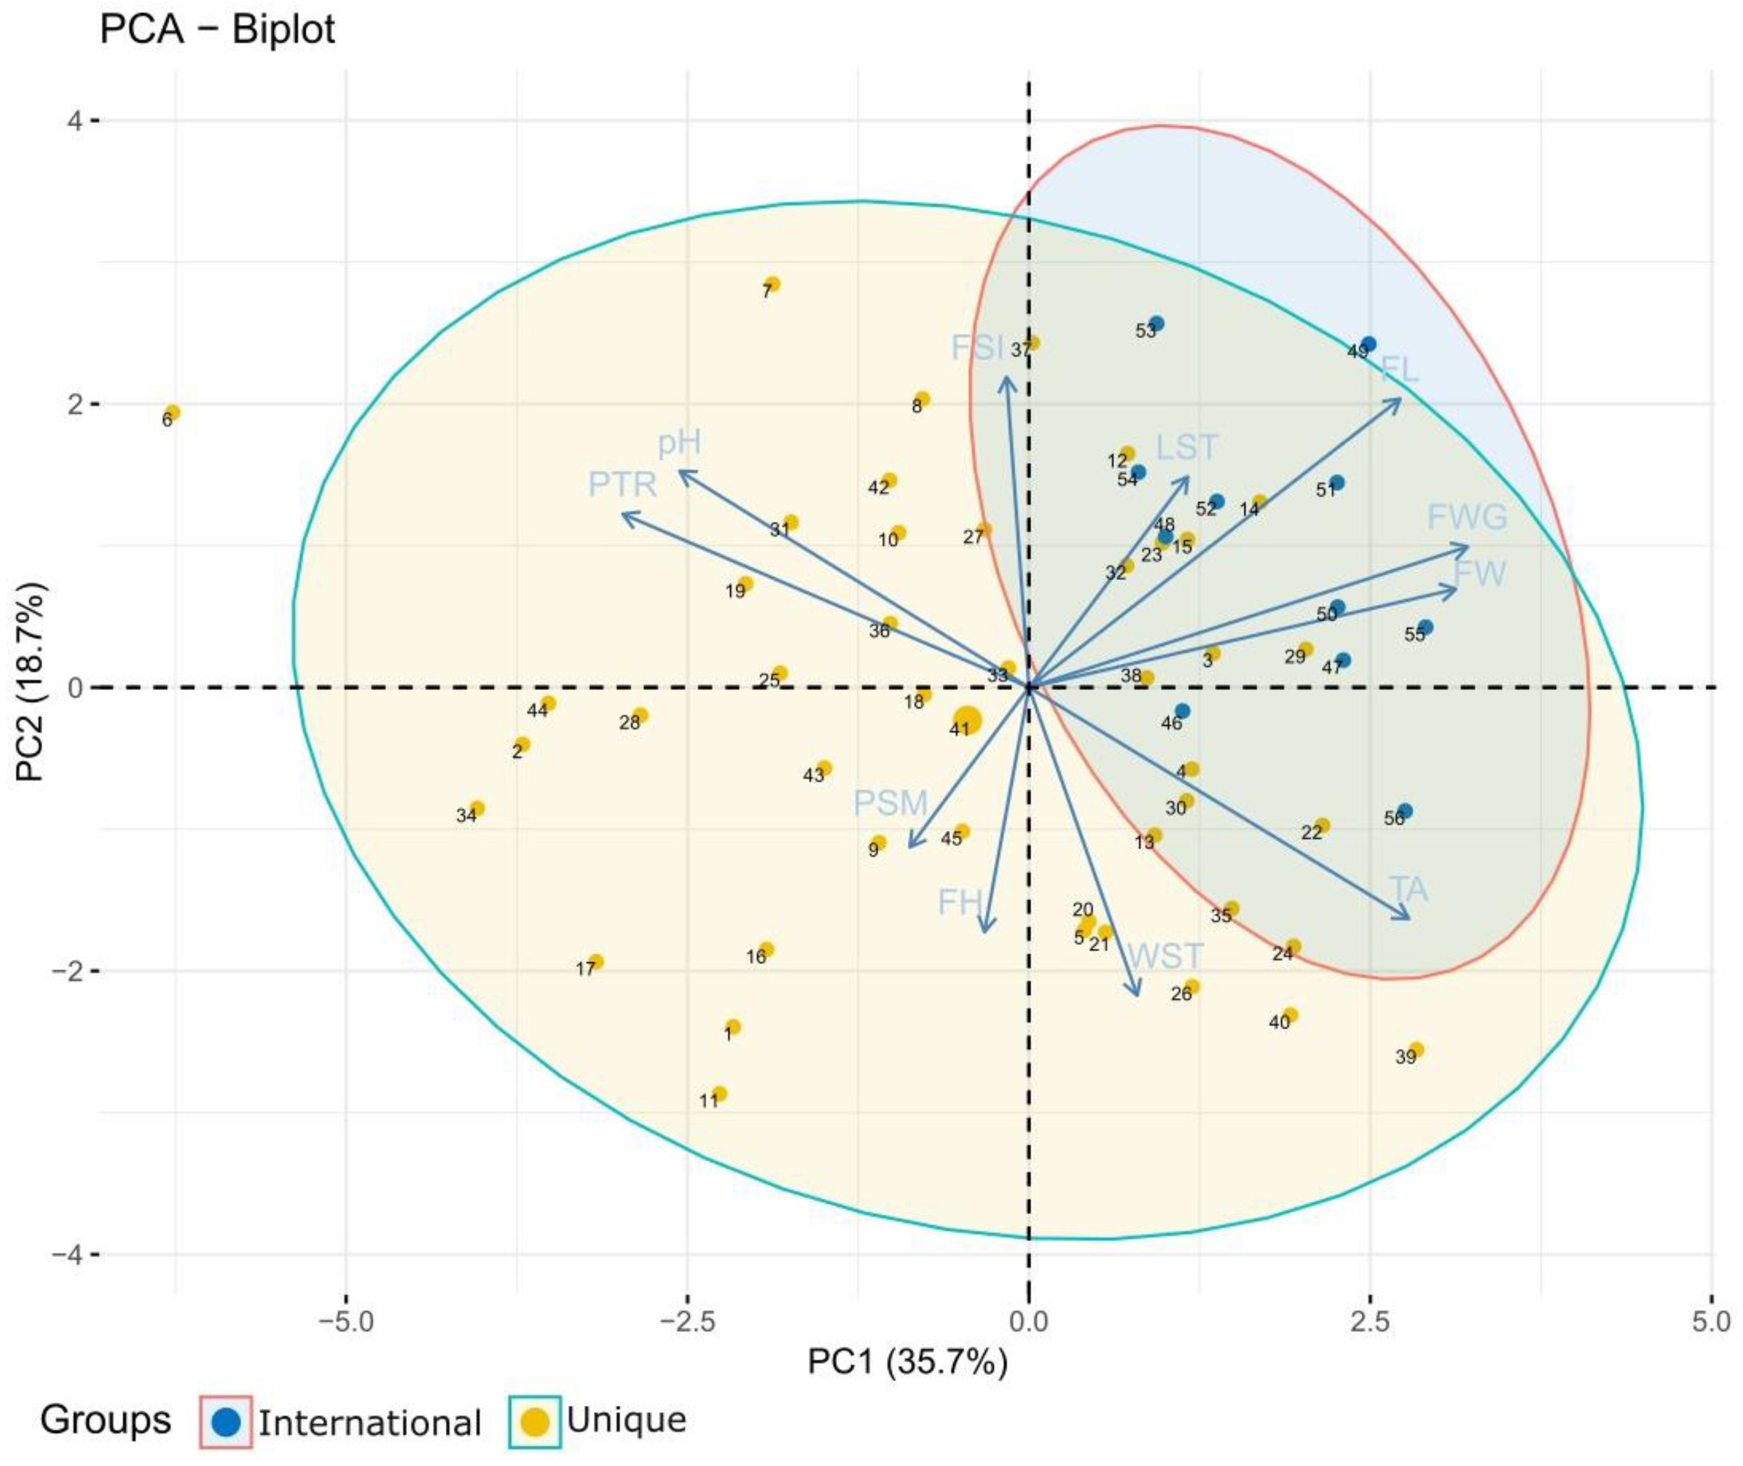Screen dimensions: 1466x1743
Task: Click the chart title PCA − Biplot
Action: point(217,31)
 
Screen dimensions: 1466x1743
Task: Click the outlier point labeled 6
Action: point(172,413)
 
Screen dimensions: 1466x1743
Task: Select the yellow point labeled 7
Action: point(773,284)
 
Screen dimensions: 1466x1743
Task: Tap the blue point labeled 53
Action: point(1156,323)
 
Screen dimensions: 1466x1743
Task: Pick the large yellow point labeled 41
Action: point(967,720)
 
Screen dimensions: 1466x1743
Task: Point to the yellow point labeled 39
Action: point(1417,1050)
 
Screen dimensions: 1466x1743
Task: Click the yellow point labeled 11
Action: point(720,1094)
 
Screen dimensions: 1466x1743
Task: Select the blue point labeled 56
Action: point(1405,811)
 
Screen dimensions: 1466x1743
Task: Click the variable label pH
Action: point(679,444)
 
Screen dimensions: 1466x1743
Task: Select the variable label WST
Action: point(1165,956)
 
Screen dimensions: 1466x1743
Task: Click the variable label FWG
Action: point(1466,517)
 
